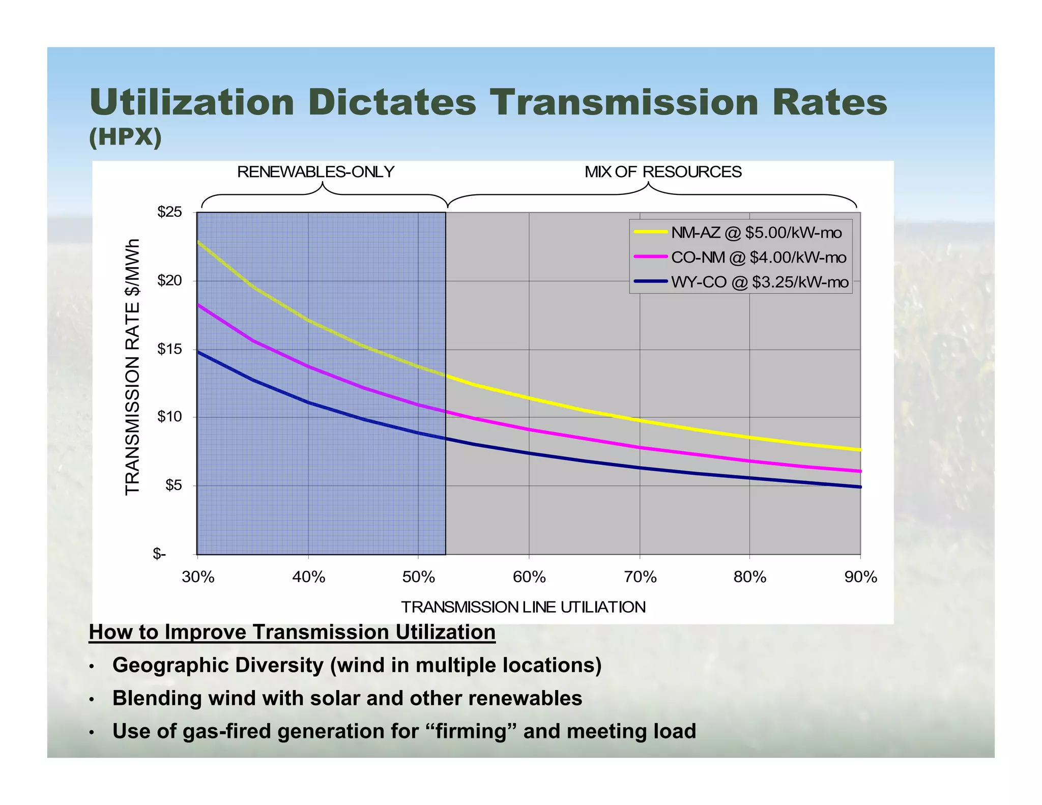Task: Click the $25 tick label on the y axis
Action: pyautogui.click(x=169, y=212)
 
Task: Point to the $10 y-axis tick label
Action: pyautogui.click(x=169, y=417)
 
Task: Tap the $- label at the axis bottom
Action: pyautogui.click(x=159, y=554)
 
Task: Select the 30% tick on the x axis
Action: pyautogui.click(x=198, y=577)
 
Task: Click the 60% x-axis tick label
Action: pyautogui.click(x=529, y=577)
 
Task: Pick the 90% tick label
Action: pyautogui.click(x=860, y=577)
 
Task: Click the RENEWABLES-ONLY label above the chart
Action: pyautogui.click(x=315, y=172)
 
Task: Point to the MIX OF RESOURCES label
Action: pyautogui.click(x=663, y=172)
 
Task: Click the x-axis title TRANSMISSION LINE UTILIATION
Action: pyautogui.click(x=523, y=607)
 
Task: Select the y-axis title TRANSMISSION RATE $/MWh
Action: pyautogui.click(x=132, y=366)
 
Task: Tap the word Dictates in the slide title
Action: pyautogui.click(x=392, y=103)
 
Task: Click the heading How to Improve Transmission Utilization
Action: pyautogui.click(x=292, y=632)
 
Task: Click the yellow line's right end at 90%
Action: pyautogui.click(x=859, y=450)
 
